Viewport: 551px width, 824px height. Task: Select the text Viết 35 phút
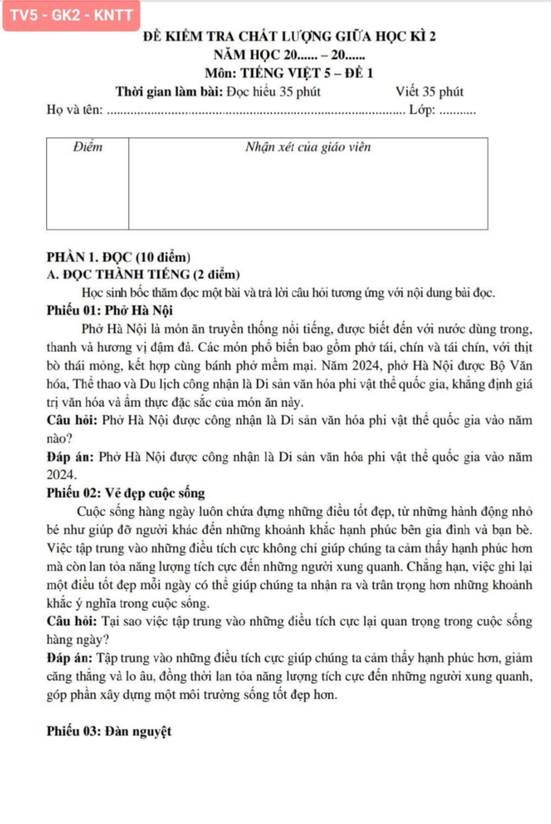click(x=429, y=91)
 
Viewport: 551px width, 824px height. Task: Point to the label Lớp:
click(x=422, y=111)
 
